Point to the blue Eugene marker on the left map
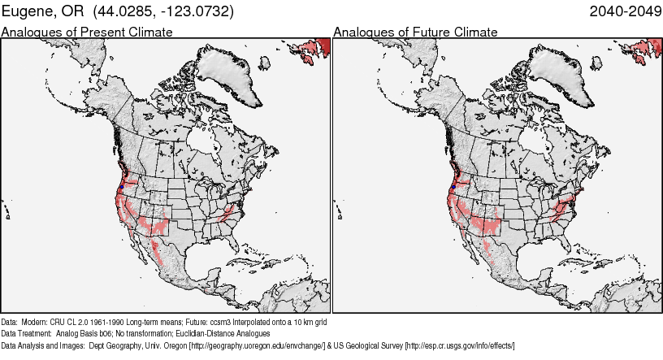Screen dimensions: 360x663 [120, 187]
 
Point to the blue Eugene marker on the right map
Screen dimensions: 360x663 [452, 187]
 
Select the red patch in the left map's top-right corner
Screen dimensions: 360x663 [315, 50]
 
